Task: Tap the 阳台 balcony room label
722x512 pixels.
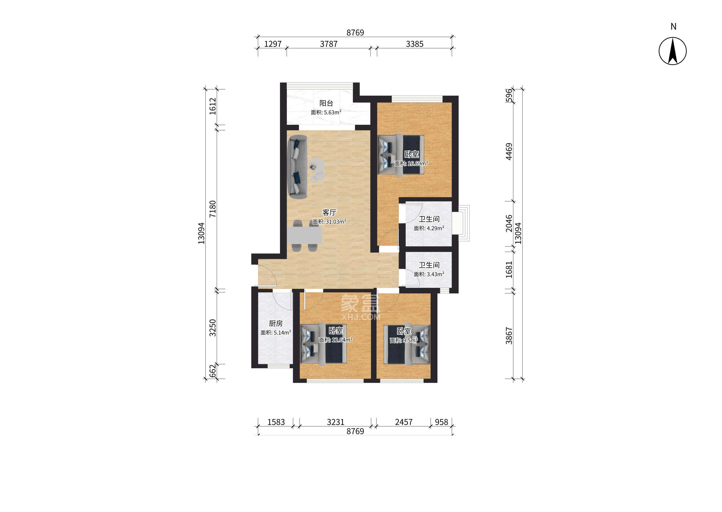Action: tap(326, 103)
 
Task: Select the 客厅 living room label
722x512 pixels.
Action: tap(329, 212)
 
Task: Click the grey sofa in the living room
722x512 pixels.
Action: tap(76, 167)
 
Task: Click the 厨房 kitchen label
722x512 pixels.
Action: tap(276, 323)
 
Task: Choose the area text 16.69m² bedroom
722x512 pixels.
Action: tap(411, 164)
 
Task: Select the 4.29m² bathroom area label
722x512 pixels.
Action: tap(429, 228)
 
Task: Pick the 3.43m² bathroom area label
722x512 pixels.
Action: tap(429, 274)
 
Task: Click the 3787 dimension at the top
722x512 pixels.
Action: tap(329, 44)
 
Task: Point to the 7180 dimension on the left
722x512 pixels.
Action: tap(213, 209)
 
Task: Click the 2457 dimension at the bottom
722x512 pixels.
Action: tap(404, 422)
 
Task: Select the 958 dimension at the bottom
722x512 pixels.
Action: tap(442, 422)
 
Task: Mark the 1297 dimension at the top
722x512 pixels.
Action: tap(273, 44)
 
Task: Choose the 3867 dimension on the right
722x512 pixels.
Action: tap(509, 335)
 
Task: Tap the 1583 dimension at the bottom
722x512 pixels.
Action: tap(276, 422)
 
